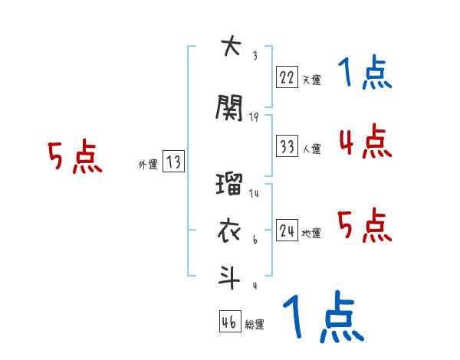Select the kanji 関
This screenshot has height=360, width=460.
tap(230, 108)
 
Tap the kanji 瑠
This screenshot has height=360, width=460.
tap(230, 185)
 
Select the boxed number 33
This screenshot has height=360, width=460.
tap(287, 145)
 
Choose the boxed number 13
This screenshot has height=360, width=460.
tap(173, 162)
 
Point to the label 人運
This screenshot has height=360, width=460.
tap(311, 149)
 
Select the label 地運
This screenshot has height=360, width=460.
tap(311, 233)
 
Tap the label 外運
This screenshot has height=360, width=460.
tap(148, 165)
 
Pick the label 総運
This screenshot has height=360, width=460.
tap(255, 325)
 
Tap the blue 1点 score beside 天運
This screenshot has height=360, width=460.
tap(365, 74)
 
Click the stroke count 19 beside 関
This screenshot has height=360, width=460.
tap(255, 116)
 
